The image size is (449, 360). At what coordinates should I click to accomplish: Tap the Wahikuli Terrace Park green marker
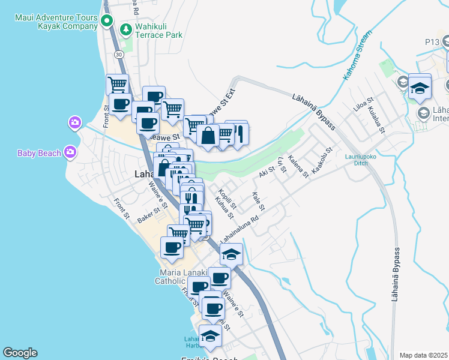pos(125,29)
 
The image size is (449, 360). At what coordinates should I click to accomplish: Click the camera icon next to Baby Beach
pos(70,152)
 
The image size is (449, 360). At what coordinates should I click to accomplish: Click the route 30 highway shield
pos(119,55)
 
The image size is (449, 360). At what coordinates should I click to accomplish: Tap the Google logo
pos(20,353)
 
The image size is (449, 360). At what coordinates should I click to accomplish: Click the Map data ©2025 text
pos(424,355)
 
